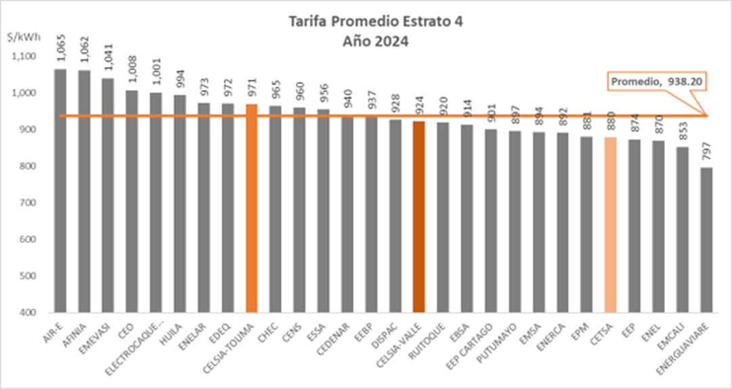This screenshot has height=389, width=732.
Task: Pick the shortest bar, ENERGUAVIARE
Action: (x=706, y=240)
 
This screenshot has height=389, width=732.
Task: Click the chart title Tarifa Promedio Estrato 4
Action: (x=366, y=22)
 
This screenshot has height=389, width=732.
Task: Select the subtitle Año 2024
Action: (x=366, y=40)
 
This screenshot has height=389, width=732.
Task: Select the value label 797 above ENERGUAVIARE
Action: (x=706, y=154)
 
